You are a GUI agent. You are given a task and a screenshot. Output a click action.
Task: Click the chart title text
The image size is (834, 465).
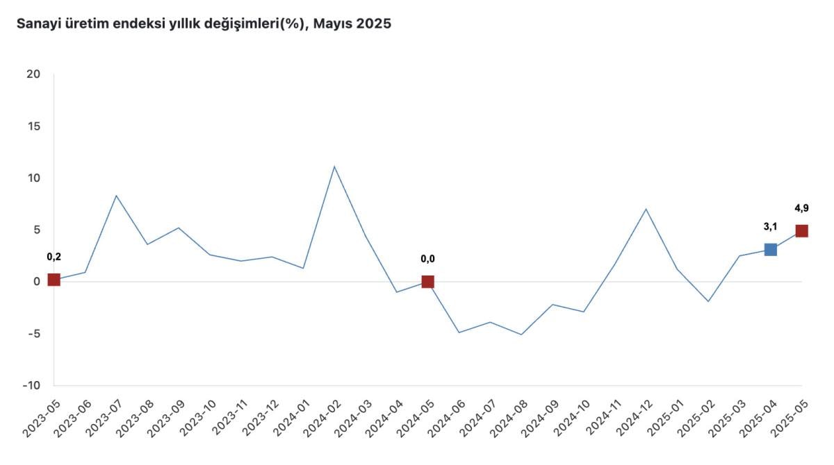[204, 24]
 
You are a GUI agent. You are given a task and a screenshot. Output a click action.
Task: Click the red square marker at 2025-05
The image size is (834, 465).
[801, 231]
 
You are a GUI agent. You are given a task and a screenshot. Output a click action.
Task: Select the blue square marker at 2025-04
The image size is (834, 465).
[770, 249]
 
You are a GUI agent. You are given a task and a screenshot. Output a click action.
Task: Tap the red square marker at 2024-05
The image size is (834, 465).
[427, 282]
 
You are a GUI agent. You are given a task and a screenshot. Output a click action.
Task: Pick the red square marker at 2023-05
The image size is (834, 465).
[54, 280]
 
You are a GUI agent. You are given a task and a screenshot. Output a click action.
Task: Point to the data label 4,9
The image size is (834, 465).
[801, 208]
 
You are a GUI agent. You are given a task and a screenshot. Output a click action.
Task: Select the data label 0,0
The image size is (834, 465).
[427, 259]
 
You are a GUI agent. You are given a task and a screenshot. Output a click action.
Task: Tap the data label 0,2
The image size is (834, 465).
[54, 257]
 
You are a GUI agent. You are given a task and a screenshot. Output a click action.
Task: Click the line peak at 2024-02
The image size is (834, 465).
[334, 167]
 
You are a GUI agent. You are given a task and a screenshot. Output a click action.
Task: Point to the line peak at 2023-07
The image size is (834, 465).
[116, 196]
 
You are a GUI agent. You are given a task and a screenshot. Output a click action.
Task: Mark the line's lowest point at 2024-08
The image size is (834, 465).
[521, 335]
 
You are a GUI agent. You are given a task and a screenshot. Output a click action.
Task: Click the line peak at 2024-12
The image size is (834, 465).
[646, 209]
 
